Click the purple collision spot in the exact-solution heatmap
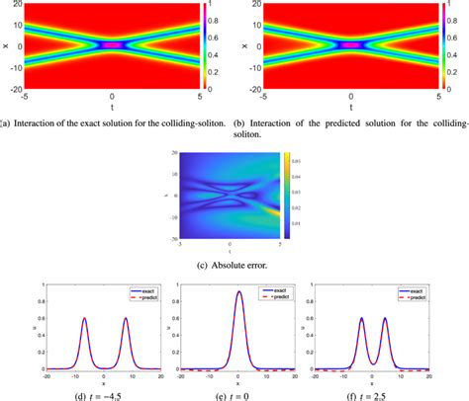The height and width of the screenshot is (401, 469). [x=112, y=45]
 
